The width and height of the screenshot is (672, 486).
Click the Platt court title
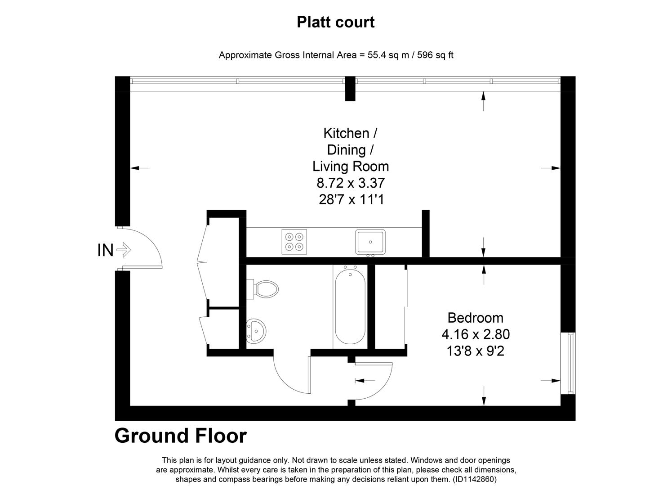point(336,22)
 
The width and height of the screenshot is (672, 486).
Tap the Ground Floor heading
point(181,436)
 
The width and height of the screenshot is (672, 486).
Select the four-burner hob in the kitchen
point(294,242)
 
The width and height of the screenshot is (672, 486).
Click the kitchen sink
point(370,242)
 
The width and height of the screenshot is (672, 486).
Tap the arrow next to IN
point(124,250)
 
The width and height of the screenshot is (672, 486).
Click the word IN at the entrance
point(105,250)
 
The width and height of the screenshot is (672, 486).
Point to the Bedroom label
point(476,318)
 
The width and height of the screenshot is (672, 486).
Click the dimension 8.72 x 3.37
point(351,183)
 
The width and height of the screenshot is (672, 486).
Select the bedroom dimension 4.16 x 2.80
point(476,334)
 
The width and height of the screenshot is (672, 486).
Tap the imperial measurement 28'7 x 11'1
point(352,199)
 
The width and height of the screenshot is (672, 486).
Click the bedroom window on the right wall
point(568,363)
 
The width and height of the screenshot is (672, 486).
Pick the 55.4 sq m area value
point(388,55)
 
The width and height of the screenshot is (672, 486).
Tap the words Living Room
point(351,166)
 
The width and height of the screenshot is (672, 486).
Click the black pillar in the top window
point(350,89)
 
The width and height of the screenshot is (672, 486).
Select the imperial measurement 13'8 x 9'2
point(476,351)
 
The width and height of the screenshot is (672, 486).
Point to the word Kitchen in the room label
point(346,133)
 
